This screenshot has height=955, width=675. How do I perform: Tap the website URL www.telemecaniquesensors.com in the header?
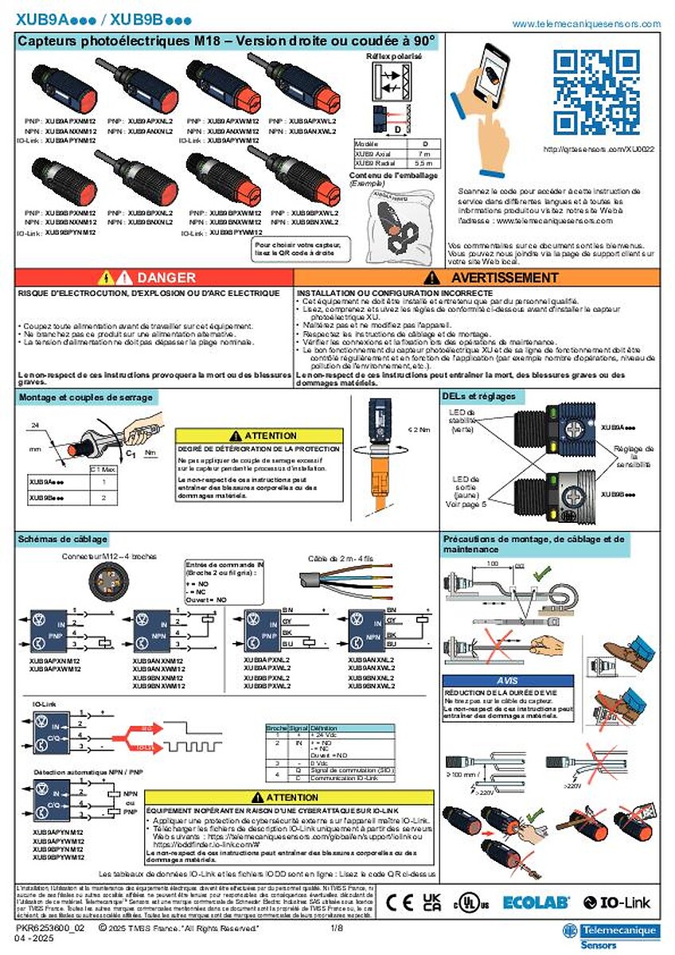click(586, 25)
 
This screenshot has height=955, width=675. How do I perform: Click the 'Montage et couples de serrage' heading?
click(86, 396)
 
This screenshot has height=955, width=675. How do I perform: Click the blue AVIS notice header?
click(507, 681)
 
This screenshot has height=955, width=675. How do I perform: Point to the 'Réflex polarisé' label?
click(393, 57)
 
